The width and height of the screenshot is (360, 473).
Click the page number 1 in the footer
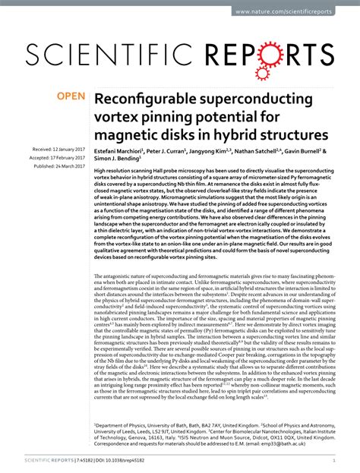335,459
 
